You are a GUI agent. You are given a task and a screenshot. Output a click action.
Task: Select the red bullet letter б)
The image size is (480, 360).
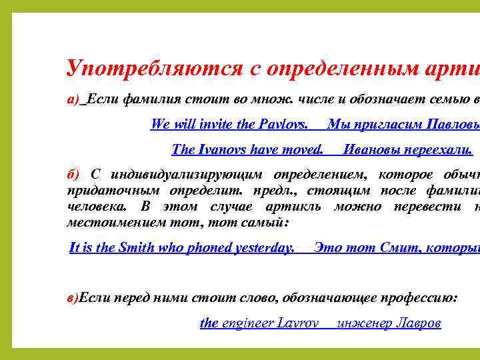pos(73,175)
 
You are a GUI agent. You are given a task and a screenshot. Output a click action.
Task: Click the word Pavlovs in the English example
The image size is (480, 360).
pos(283,124)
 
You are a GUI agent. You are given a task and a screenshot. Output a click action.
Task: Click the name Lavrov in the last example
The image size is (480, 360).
pos(300,323)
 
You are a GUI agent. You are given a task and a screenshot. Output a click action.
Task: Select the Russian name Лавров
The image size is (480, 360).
pos(417,323)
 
